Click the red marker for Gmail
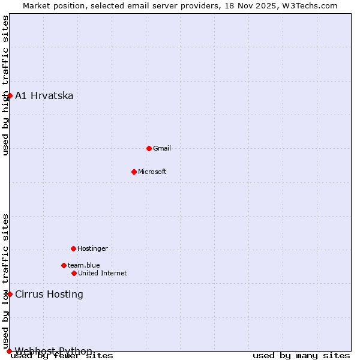(149, 148)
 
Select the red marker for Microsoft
(134, 172)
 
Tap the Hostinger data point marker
(73, 248)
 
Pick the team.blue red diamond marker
(64, 265)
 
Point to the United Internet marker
(74, 273)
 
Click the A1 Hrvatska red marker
(10, 95)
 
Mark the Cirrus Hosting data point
(10, 294)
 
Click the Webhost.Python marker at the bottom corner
(9, 351)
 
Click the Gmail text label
(162, 148)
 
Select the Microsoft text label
(152, 172)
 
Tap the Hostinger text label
(92, 248)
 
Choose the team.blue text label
(84, 265)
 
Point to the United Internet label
(103, 273)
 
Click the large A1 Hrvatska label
(44, 96)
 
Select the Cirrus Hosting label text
(49, 295)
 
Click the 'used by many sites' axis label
(301, 356)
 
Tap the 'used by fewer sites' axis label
(62, 356)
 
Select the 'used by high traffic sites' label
(6, 85)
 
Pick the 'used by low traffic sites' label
(6, 281)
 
